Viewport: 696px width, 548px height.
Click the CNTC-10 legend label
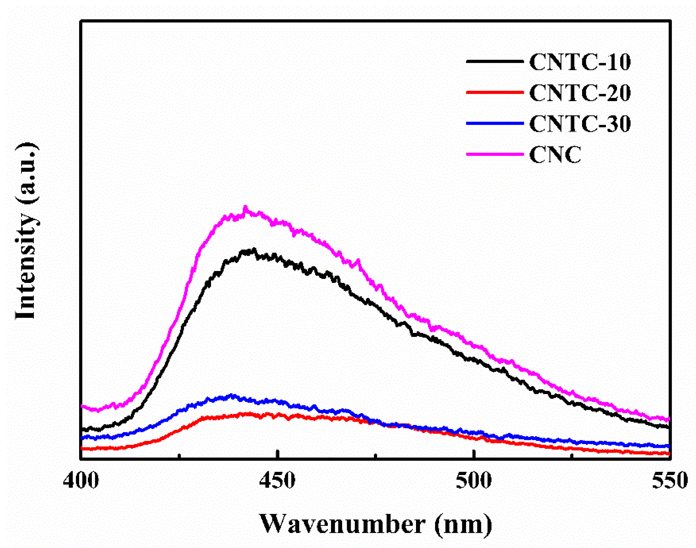[x=580, y=62]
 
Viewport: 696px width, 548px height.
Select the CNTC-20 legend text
[x=580, y=93]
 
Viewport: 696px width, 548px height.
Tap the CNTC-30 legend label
[x=580, y=124]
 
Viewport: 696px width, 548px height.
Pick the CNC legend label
[x=555, y=155]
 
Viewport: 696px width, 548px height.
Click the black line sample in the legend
[x=495, y=61]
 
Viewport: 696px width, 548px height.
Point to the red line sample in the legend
[x=495, y=92]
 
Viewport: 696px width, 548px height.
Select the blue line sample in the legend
[x=495, y=123]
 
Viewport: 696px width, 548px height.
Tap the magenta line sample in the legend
[x=495, y=154]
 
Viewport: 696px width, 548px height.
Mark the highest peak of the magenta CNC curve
[x=246, y=207]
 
